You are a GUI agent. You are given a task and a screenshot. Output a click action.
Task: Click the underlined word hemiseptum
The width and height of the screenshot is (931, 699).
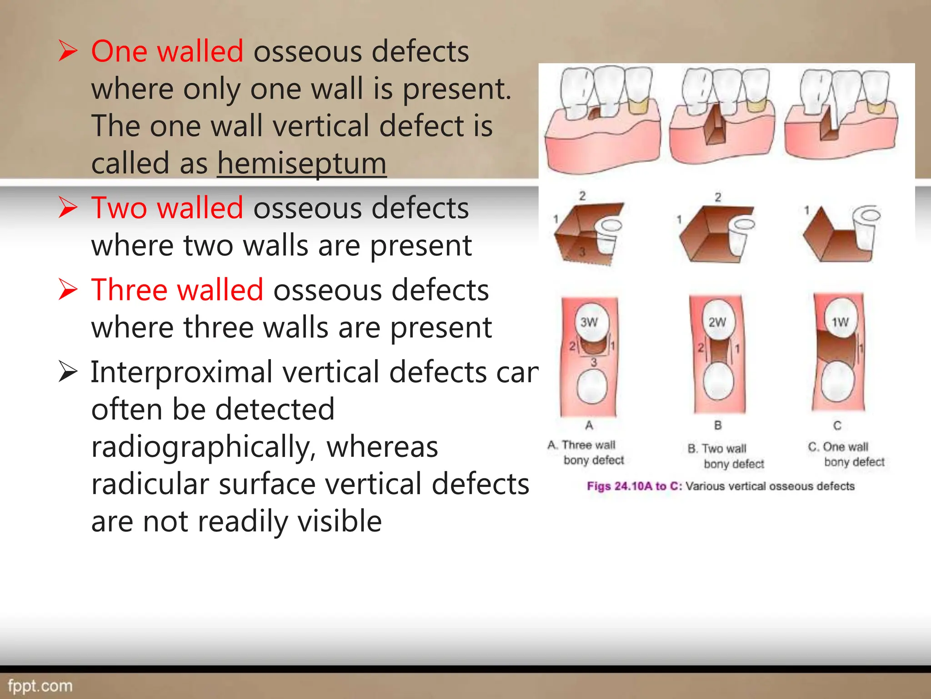[302, 163]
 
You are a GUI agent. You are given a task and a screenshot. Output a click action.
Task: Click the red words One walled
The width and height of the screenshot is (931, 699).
[167, 51]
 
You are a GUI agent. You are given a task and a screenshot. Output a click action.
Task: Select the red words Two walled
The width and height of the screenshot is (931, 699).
[167, 208]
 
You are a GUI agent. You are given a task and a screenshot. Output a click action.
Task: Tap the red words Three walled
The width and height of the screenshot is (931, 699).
[177, 290]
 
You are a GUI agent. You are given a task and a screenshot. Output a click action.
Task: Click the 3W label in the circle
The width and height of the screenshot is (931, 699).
[589, 322]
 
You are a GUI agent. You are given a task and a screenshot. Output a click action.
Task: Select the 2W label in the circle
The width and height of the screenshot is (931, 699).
[717, 322]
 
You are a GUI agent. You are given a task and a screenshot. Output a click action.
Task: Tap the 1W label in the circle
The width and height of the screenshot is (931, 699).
[840, 322]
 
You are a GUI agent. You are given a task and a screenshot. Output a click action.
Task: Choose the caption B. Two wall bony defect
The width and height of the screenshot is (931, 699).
[726, 456]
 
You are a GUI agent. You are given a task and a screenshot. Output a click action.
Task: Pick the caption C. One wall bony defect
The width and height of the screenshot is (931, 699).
[846, 454]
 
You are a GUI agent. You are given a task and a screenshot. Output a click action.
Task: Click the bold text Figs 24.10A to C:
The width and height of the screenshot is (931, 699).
[634, 486]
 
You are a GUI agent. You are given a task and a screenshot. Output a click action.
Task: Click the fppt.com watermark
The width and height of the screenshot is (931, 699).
[40, 686]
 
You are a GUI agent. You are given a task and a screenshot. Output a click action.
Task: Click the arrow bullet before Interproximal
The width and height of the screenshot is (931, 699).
[68, 372]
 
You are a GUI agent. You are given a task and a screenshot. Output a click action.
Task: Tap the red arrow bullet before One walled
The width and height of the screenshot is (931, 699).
[68, 51]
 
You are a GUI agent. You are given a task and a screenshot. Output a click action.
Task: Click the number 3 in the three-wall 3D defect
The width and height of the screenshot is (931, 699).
[582, 252]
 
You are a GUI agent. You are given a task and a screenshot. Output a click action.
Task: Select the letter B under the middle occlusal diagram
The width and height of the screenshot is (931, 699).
[718, 425]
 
